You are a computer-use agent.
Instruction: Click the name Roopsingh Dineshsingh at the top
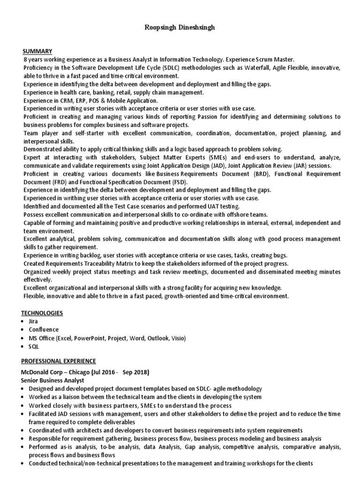pos(180,28)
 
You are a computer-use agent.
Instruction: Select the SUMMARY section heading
pos(37,51)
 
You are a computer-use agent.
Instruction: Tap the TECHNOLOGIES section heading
pos(42,313)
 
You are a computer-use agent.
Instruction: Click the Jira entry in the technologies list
pos(34,321)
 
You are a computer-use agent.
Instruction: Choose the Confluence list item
pos(44,330)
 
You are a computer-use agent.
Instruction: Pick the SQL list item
pos(34,346)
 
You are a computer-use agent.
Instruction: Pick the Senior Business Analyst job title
pos(53,381)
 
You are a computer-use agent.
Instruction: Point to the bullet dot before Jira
pos(23,322)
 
